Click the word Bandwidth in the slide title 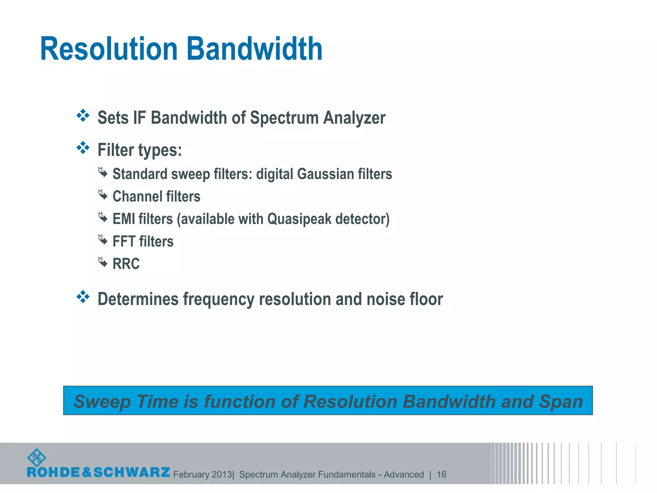[254, 49]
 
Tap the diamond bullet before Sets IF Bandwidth [83, 116]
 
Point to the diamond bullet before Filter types [83, 148]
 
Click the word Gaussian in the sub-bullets [325, 174]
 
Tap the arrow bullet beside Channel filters [103, 195]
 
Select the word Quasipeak [299, 219]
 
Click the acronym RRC [126, 264]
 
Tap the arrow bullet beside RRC [103, 262]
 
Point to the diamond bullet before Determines [83, 297]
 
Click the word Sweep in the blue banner [102, 402]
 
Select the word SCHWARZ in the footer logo [132, 472]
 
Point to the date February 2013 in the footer [202, 474]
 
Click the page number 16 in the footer [441, 474]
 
